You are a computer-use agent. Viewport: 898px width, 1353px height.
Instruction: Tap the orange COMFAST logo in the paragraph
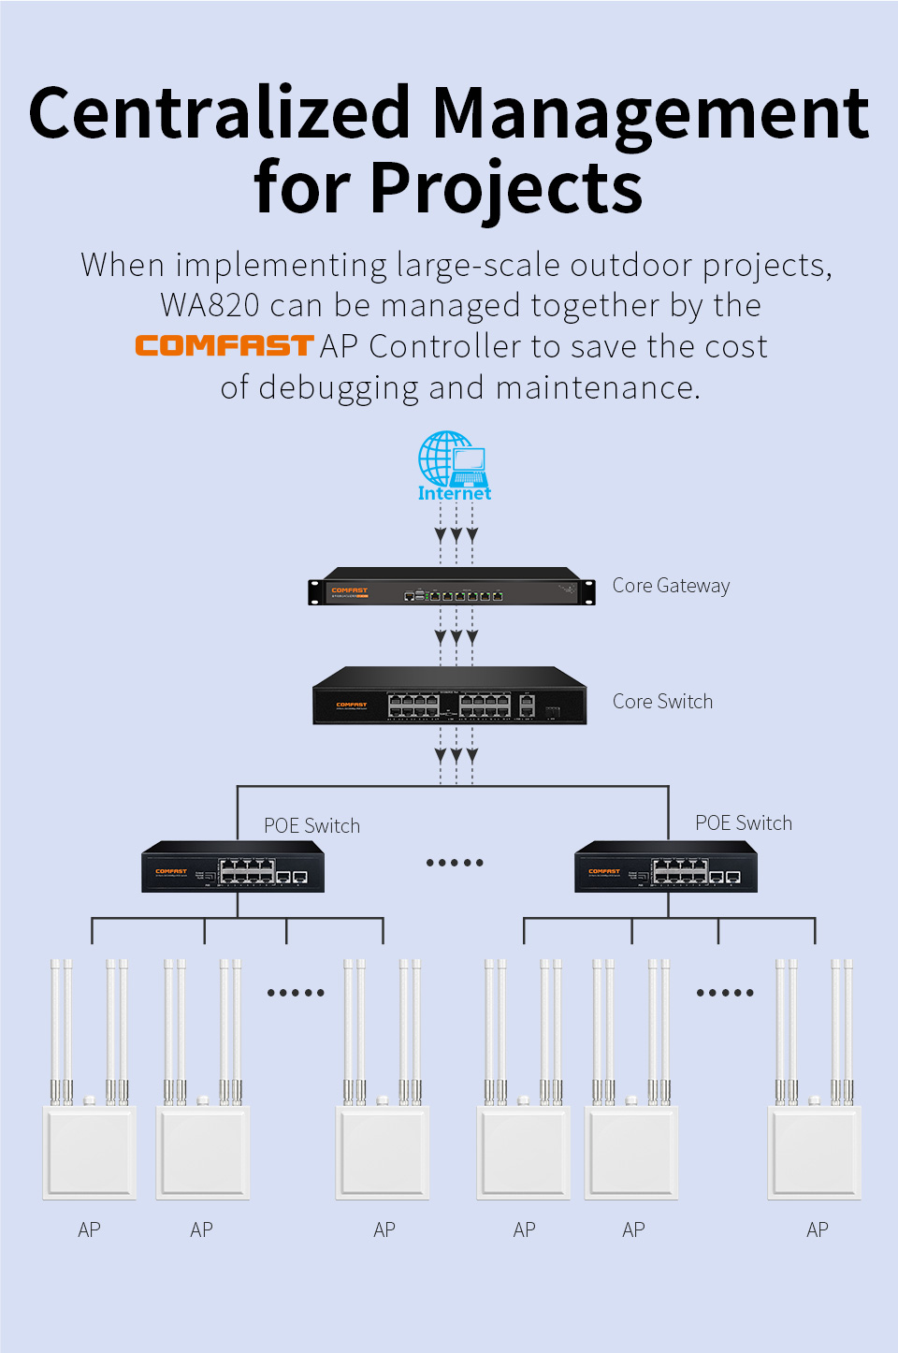pos(224,346)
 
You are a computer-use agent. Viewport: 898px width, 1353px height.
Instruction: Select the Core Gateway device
pos(452,588)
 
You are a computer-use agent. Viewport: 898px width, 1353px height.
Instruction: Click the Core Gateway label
pos(671,586)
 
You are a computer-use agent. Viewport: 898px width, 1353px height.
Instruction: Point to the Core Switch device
pos(450,696)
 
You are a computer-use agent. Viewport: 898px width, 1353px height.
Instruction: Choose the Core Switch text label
pos(662,702)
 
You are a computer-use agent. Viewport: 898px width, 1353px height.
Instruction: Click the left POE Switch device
pos(233,867)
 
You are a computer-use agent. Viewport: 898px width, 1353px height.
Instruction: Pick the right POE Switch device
pos(666,867)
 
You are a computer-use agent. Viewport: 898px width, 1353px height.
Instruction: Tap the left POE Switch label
pos(311,826)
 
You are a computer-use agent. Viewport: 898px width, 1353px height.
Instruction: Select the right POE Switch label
pos(744,823)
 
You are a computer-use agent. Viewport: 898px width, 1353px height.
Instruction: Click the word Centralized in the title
pos(220,114)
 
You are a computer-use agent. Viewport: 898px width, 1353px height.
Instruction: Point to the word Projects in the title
pos(506,188)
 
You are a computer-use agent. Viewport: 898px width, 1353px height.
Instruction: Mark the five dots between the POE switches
pos(455,863)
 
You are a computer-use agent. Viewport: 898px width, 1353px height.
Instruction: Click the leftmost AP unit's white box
pos(90,1152)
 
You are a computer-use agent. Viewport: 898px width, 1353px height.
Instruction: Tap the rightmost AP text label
pos(818,1230)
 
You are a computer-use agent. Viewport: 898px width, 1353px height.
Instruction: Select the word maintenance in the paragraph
pos(598,387)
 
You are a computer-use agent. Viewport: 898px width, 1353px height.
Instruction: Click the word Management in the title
pos(651,114)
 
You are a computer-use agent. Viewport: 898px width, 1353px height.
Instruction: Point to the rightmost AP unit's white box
pos(815,1152)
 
